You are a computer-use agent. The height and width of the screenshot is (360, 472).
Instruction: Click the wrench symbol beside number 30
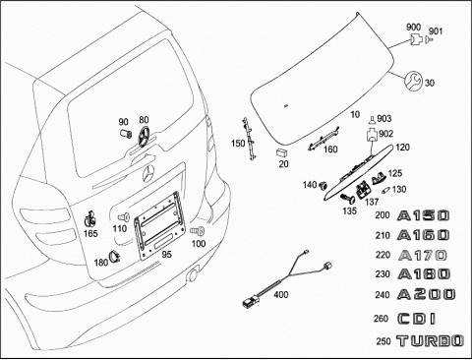tap(413, 82)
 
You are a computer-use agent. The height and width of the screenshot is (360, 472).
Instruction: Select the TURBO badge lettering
tap(430, 341)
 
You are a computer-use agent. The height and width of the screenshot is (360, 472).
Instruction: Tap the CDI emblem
tap(416, 319)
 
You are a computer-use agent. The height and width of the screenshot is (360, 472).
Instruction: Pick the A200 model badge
tap(426, 294)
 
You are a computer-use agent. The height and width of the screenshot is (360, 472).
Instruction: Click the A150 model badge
tap(423, 215)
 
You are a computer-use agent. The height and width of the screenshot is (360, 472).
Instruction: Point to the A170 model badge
tap(422, 255)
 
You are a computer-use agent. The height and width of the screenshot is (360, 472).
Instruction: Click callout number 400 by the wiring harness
tap(281, 295)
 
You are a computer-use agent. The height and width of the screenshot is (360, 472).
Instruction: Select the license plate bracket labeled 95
tap(159, 225)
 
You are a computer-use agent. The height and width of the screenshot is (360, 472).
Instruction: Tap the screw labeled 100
tap(198, 231)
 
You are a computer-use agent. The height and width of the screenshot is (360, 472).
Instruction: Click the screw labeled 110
tap(124, 217)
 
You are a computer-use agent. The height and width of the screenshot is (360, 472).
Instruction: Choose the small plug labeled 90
tap(125, 134)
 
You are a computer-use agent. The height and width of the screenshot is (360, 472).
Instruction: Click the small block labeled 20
tap(282, 152)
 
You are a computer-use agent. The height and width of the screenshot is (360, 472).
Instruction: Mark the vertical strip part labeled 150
tap(250, 139)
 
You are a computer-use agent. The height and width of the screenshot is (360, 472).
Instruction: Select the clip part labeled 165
tap(89, 219)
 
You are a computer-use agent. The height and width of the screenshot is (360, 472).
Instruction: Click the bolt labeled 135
tap(347, 199)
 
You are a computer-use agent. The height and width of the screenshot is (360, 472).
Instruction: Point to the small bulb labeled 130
tap(385, 190)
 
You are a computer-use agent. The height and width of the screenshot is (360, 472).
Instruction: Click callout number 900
tap(413, 28)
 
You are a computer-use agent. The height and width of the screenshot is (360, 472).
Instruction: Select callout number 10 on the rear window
tap(355, 114)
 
